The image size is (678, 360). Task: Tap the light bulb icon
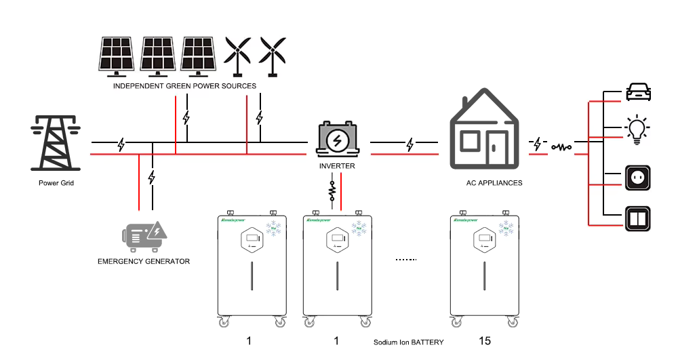click(637, 129)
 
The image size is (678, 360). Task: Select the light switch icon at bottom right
click(637, 219)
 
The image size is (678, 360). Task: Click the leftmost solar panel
click(117, 54)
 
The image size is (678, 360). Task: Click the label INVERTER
click(337, 166)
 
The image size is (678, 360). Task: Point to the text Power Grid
click(56, 184)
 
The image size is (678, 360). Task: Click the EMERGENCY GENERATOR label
click(144, 262)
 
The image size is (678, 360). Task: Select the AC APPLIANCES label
click(494, 183)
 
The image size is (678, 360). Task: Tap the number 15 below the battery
click(485, 341)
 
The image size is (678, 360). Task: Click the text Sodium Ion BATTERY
click(408, 342)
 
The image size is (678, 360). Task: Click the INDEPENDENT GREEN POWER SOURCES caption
click(184, 86)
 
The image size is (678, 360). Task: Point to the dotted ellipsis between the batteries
click(405, 260)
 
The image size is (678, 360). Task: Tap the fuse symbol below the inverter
click(332, 193)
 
